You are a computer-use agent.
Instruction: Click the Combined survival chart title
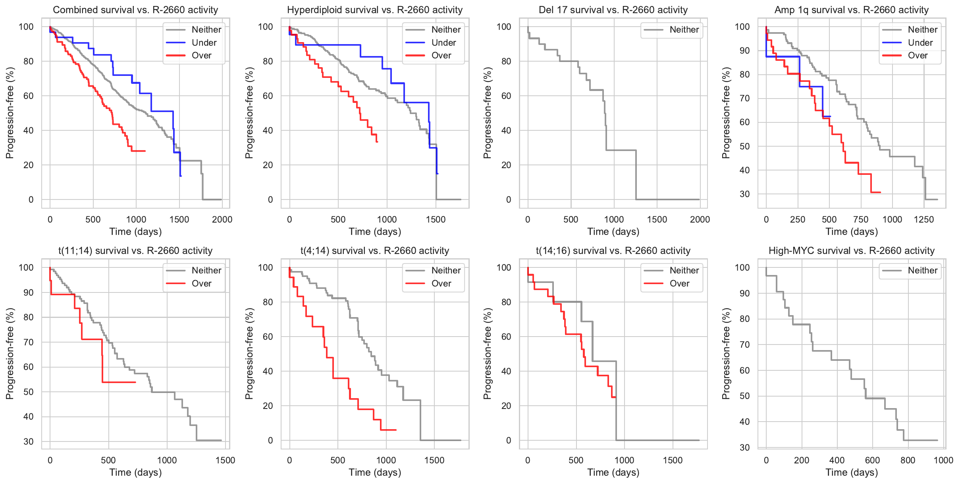[135, 10]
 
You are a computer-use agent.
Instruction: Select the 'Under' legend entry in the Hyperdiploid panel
[443, 43]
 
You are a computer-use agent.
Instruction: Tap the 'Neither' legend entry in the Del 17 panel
[684, 29]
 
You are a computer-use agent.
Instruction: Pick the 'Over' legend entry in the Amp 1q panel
[918, 56]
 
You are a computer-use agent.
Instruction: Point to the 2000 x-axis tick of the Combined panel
[222, 220]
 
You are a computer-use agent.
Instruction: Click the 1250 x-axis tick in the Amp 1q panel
[923, 220]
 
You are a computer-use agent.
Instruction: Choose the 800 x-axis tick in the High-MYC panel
[908, 461]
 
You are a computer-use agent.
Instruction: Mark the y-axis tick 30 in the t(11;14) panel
[29, 441]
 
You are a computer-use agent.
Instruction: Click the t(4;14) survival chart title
[374, 251]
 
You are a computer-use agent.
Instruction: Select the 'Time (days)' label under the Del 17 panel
[613, 232]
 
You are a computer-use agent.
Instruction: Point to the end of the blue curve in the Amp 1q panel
[830, 116]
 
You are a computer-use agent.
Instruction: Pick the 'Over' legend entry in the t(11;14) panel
[201, 284]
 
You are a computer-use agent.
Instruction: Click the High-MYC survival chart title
[851, 251]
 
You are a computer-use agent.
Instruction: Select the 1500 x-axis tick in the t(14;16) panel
[673, 461]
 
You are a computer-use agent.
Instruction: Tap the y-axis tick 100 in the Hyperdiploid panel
[266, 27]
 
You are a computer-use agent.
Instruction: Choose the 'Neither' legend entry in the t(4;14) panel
[445, 271]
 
